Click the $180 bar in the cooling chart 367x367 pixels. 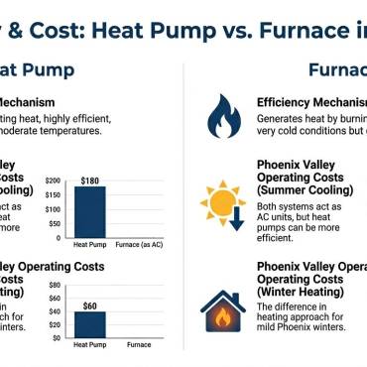90,209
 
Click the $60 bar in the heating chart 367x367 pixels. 90,325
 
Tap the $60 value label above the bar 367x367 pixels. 90,306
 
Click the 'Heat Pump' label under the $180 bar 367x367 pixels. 90,243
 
